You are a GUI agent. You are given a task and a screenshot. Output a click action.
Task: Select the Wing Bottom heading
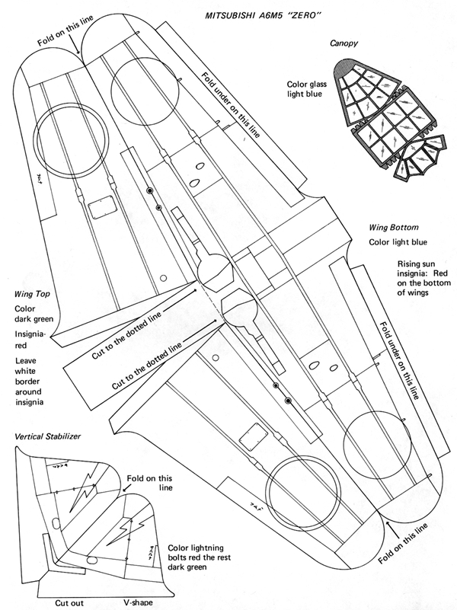click(x=394, y=227)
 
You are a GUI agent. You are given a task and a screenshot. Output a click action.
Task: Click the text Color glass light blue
click(x=306, y=88)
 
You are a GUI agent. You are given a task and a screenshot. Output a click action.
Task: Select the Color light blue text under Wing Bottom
click(x=397, y=242)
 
